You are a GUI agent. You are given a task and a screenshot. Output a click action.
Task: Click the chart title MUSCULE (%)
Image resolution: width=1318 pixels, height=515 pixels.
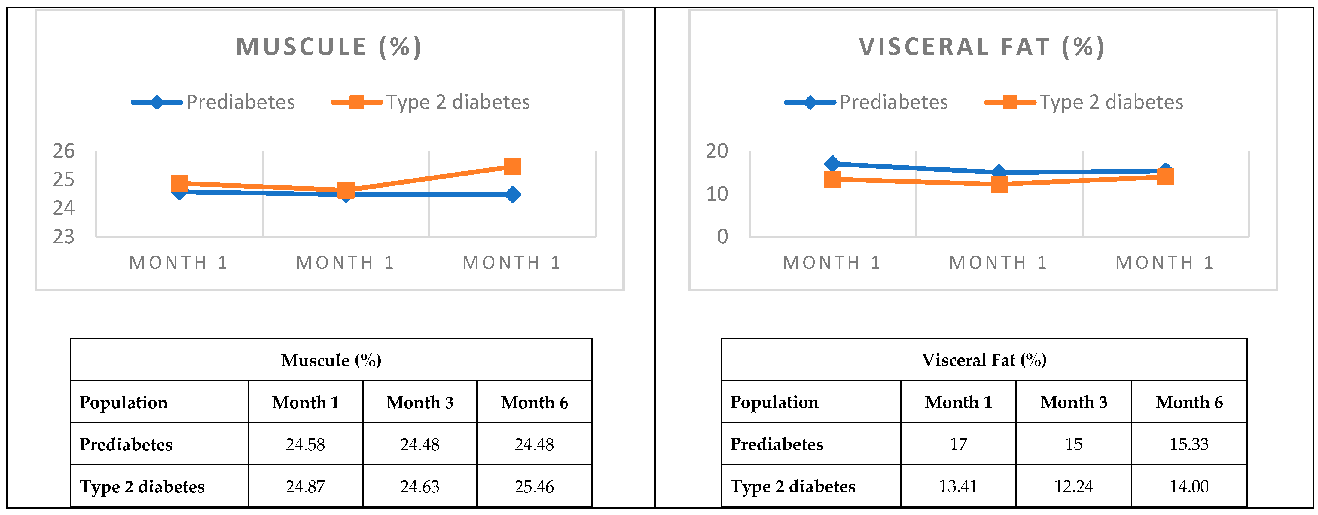tap(328, 47)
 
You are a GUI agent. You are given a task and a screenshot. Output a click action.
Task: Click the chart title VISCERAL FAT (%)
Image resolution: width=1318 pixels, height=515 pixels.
tap(981, 47)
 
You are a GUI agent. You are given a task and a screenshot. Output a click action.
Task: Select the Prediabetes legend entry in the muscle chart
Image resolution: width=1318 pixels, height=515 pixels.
tap(214, 103)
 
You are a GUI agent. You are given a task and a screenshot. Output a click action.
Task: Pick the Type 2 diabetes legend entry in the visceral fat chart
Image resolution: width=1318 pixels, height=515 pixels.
tap(1084, 103)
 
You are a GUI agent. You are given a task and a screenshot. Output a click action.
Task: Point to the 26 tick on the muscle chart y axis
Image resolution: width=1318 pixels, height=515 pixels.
tap(64, 151)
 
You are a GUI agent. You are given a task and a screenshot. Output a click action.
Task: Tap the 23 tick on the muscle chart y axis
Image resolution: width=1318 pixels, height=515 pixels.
tap(64, 237)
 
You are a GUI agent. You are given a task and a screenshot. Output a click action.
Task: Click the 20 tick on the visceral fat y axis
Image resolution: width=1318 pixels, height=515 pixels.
tap(717, 151)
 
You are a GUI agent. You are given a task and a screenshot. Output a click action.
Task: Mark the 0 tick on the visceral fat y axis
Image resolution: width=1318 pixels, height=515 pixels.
tap(722, 237)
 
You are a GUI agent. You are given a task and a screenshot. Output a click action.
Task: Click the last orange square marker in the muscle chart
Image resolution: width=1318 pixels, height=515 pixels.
tap(512, 166)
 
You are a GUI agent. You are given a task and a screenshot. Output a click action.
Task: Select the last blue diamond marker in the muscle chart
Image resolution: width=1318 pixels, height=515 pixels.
tap(512, 195)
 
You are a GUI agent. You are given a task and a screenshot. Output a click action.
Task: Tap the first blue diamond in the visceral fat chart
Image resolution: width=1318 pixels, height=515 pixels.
tap(832, 164)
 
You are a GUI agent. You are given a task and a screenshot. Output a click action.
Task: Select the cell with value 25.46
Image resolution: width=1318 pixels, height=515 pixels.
tap(534, 486)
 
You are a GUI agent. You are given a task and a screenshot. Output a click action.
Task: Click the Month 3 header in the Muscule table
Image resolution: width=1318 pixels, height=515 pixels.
tap(420, 402)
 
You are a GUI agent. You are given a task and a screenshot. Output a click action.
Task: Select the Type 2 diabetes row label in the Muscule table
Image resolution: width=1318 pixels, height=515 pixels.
tap(142, 486)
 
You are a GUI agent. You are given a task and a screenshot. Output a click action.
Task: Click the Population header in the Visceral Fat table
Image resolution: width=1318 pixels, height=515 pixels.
tap(774, 402)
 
